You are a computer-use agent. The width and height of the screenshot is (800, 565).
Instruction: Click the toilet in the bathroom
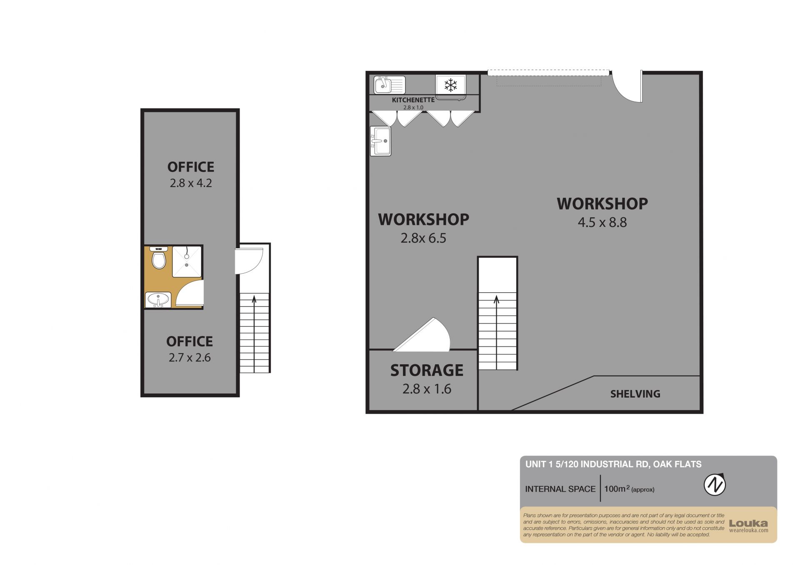159,258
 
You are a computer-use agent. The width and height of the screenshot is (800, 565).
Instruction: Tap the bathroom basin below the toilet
158,300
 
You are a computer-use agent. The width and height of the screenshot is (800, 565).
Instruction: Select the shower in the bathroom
187,261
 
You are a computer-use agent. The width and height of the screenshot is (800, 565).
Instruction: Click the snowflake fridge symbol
450,85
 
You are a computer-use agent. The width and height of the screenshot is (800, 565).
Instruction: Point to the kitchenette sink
390,85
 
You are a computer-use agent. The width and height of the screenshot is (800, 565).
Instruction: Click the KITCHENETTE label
413,100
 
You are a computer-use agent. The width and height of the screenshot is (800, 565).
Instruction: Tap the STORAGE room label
427,370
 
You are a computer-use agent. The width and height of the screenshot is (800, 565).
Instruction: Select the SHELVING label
635,394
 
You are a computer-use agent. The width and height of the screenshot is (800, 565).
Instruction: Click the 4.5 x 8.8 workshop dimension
602,222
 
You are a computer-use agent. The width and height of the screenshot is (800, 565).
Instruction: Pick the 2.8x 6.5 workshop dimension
423,238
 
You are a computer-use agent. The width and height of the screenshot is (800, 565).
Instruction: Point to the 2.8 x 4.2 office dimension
191,183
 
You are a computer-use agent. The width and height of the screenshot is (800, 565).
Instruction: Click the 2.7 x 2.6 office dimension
190,358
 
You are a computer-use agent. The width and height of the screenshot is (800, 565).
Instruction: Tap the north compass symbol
715,485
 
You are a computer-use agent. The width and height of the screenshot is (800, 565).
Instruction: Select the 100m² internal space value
629,489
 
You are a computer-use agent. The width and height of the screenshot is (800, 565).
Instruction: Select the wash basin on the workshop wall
380,141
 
